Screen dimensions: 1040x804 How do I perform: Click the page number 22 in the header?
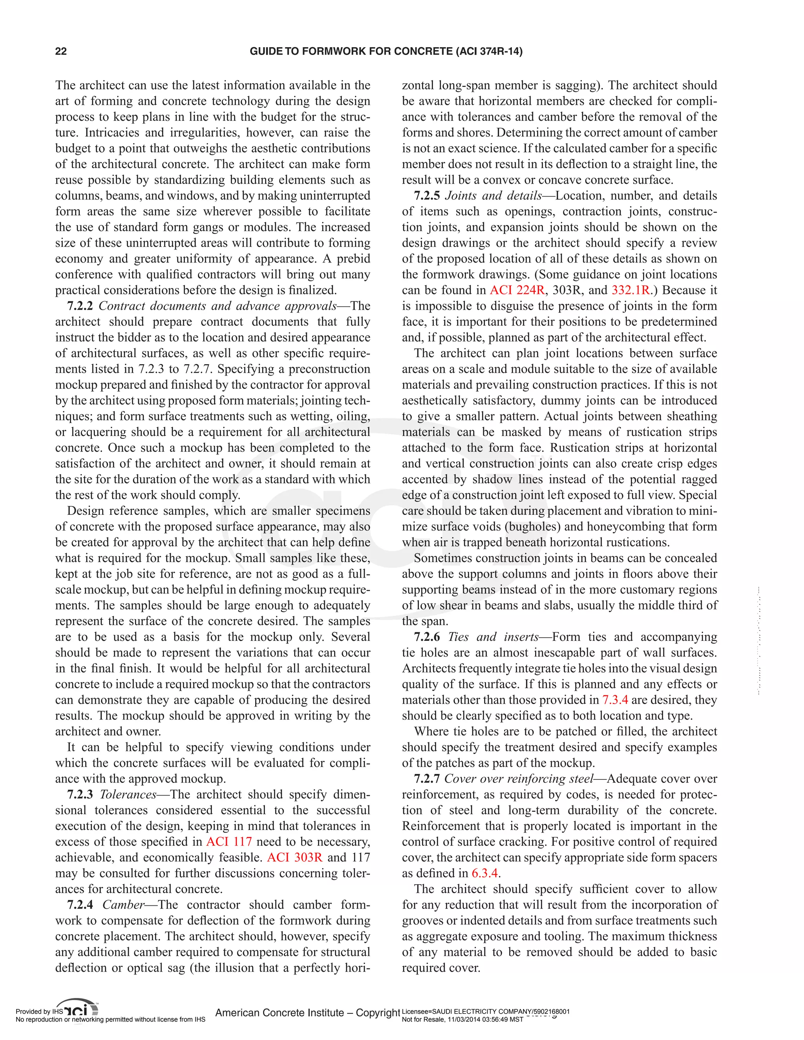point(61,51)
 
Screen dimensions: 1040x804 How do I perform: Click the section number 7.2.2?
point(80,306)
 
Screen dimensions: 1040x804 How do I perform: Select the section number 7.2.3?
point(80,795)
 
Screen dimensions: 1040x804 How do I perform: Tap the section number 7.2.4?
point(80,905)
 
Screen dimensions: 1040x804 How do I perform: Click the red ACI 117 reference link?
point(228,842)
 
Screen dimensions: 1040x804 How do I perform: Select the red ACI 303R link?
point(294,858)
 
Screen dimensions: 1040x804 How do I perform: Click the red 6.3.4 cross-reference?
point(485,873)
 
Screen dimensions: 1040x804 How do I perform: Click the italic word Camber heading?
point(123,905)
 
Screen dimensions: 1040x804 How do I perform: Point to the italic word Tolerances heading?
point(128,795)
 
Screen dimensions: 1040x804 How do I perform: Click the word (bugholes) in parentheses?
point(535,527)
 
